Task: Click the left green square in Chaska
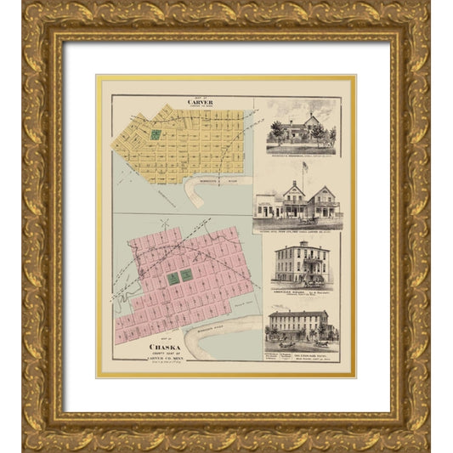173,278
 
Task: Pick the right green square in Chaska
186,275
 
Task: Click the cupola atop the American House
303,242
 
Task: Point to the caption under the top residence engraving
302,153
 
